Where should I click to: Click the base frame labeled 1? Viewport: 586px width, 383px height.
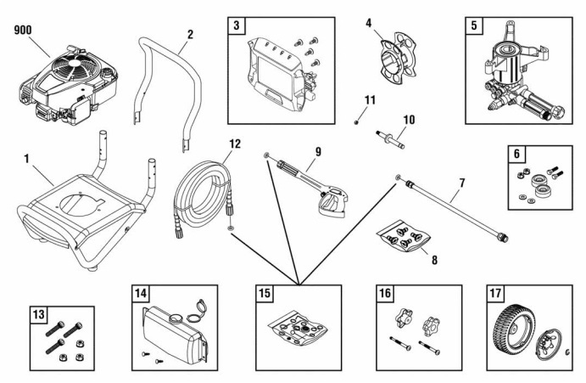81,212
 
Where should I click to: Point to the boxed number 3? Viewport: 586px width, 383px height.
239,26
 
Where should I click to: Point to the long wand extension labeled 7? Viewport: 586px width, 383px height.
458,208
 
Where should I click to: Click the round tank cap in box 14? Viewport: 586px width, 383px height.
197,307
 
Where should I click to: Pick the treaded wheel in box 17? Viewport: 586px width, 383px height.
514,330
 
